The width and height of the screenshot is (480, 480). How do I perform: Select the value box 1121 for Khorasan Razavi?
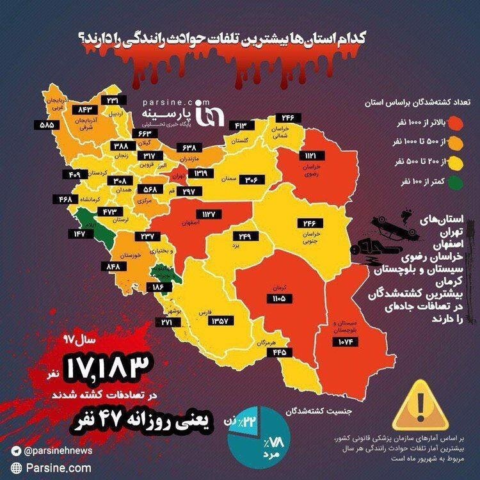[312, 156]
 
